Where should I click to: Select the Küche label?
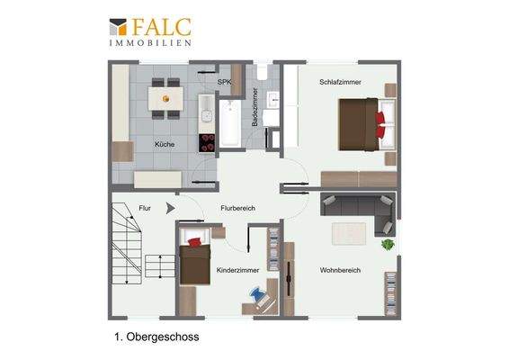tap(164, 144)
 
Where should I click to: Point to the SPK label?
tap(224, 81)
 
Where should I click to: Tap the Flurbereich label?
tap(238, 209)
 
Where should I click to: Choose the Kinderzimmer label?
tap(238, 270)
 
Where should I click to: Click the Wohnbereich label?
tap(340, 270)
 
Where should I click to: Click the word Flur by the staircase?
tap(145, 208)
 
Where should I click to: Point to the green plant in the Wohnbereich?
tap(388, 244)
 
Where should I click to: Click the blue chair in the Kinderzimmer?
tap(259, 293)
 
